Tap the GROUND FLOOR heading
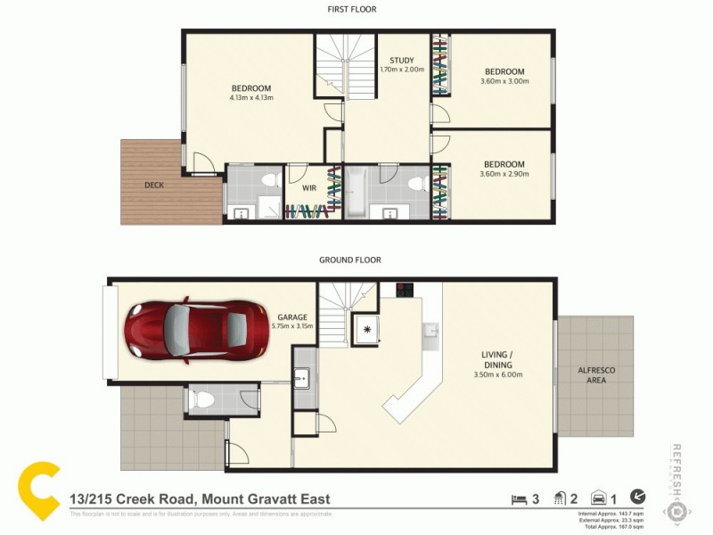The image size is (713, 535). click(350, 260)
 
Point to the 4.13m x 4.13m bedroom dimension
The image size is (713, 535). click(250, 98)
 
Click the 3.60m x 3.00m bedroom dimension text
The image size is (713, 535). click(504, 81)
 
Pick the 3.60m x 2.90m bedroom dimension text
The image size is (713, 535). click(504, 174)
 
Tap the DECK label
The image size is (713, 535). click(155, 185)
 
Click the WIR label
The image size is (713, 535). click(309, 189)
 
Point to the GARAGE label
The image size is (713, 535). click(291, 317)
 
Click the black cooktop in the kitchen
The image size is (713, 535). click(404, 290)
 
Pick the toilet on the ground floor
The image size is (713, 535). click(202, 401)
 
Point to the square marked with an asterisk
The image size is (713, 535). click(366, 328)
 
